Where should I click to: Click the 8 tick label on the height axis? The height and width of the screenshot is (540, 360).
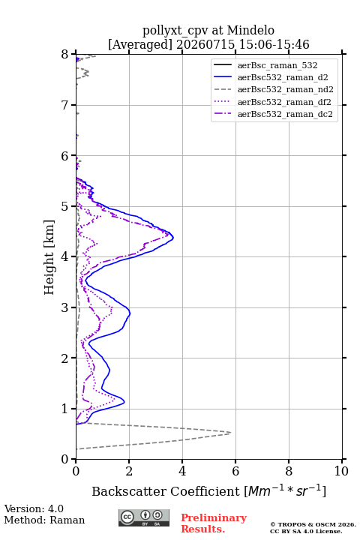point(65,54)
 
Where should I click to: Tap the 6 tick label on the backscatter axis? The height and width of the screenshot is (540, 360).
point(235,471)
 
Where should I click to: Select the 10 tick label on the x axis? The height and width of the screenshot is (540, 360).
point(341,471)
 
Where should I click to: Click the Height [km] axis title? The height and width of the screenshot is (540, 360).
point(49,257)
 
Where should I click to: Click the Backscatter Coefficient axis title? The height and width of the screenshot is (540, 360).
point(208,490)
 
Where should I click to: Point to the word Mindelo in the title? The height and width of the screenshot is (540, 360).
point(250,30)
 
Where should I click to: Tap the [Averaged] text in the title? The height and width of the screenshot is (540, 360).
point(140,45)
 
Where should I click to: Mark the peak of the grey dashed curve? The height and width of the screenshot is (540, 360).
point(231,433)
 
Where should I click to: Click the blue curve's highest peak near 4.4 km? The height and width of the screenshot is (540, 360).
point(173,237)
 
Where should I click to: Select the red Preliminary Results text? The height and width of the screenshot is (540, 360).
point(214,523)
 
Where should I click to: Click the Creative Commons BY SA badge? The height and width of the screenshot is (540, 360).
point(144,517)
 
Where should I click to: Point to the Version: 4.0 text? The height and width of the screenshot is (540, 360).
point(34,508)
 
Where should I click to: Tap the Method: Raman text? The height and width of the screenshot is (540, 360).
point(44,520)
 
